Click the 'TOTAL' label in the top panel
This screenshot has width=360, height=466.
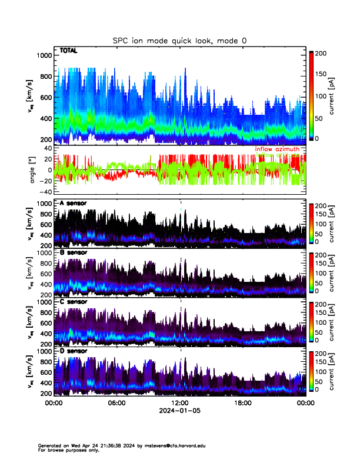pyautogui.click(x=68, y=51)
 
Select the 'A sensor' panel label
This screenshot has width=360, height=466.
pyautogui.click(x=73, y=204)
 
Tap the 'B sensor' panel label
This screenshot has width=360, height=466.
pyautogui.click(x=73, y=252)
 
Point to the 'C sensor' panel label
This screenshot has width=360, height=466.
pyautogui.click(x=73, y=301)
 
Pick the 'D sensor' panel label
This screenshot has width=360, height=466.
pyautogui.click(x=73, y=350)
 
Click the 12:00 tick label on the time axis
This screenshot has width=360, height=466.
pyautogui.click(x=179, y=403)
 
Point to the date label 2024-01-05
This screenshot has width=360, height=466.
pyautogui.click(x=179, y=411)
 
